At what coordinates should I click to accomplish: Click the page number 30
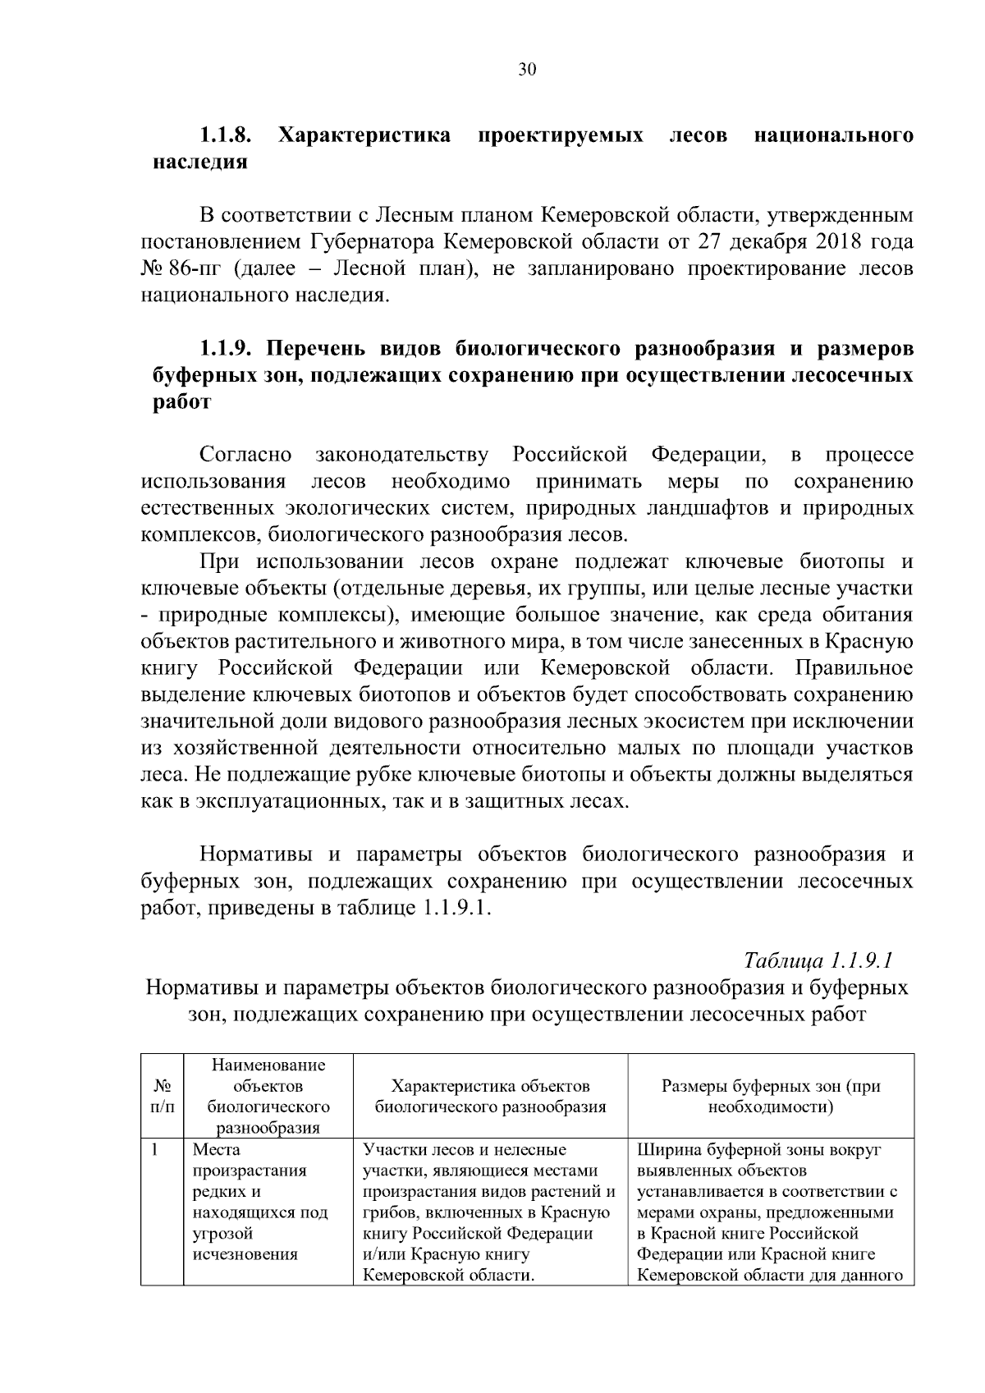tap(527, 70)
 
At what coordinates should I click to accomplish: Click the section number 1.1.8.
tap(226, 135)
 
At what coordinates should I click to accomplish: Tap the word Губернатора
tap(372, 242)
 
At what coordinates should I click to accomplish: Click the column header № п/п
tap(162, 1097)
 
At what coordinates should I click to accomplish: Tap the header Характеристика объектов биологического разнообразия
tap(491, 1097)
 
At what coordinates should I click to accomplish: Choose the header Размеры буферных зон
tap(771, 1097)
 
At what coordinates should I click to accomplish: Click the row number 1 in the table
tap(154, 1150)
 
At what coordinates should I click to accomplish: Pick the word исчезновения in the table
tap(245, 1255)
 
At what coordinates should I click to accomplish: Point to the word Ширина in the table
tap(666, 1150)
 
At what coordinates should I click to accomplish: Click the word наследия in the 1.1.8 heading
tap(200, 162)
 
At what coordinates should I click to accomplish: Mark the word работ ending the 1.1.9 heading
tap(182, 403)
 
